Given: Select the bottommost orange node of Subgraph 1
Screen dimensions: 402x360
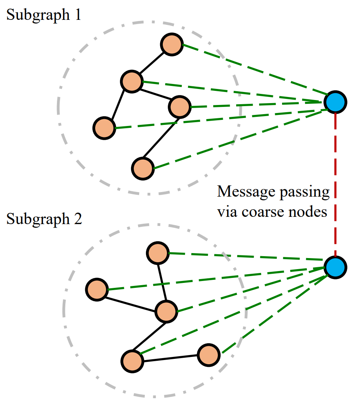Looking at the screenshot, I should click(x=143, y=168).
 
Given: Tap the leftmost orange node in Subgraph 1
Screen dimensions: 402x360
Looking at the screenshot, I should click(x=104, y=128).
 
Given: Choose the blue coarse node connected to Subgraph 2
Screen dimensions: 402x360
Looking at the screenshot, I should click(x=335, y=267).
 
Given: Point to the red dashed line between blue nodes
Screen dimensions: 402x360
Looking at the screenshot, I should click(x=335, y=183).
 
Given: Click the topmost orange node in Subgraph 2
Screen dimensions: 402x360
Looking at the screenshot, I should click(x=157, y=253).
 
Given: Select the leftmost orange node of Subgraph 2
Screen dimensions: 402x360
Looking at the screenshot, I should click(x=97, y=290).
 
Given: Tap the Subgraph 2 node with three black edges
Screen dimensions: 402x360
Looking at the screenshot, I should click(x=167, y=311).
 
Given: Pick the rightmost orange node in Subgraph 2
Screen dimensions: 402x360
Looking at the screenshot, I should click(x=209, y=355).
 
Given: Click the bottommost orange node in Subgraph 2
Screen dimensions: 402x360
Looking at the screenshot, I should click(x=132, y=361).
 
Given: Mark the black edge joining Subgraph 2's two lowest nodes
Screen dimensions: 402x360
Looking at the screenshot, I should click(x=170, y=358).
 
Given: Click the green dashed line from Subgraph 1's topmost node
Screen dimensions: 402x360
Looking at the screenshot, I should click(x=252, y=68).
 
